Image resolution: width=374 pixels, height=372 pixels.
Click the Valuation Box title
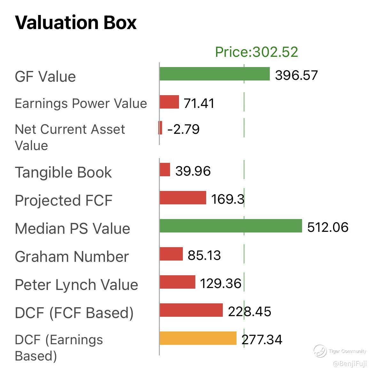(x=76, y=23)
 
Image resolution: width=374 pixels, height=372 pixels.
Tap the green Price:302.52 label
(x=256, y=52)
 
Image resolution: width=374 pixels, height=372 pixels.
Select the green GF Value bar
(x=214, y=74)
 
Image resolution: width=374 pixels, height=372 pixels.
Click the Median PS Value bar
(x=230, y=226)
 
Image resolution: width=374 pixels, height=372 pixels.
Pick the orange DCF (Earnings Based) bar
(x=198, y=338)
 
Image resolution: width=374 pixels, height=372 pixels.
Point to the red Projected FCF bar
(x=183, y=198)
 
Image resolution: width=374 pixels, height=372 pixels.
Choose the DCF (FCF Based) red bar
(x=191, y=310)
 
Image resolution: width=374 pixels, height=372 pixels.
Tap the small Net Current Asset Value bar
(x=160, y=128)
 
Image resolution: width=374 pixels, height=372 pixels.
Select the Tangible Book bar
(x=165, y=170)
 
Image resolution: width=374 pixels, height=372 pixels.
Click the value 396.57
(x=296, y=75)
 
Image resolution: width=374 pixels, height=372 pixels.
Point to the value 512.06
(x=328, y=227)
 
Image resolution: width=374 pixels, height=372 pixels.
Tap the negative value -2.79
(x=183, y=129)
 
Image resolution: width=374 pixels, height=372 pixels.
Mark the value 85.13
(x=204, y=255)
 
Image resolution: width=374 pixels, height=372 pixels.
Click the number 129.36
(x=221, y=283)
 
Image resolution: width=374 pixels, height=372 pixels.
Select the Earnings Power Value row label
(x=81, y=103)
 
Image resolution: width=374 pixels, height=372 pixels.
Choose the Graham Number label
(x=72, y=257)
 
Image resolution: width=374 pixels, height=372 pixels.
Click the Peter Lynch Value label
(x=76, y=285)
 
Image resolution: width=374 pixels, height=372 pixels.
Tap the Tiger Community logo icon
(x=320, y=351)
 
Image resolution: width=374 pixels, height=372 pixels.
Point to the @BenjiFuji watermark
(x=350, y=364)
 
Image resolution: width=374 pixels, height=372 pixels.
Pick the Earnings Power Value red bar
(x=169, y=102)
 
